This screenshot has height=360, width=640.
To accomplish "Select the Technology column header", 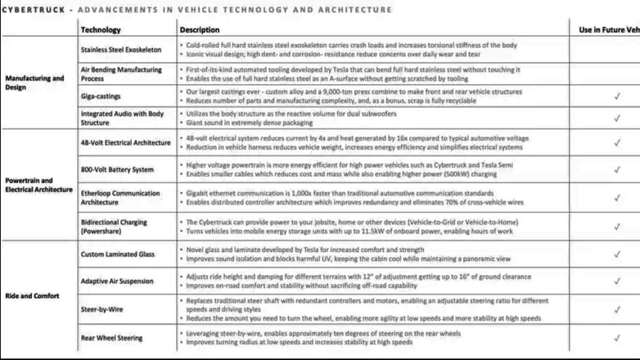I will point(101,29).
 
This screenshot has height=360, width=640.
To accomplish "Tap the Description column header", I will point(200,29).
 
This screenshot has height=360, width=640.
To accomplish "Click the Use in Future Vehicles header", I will point(609,29).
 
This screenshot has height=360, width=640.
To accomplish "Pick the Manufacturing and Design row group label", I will point(34,83).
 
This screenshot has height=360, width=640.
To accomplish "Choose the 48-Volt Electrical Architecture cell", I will point(124,142).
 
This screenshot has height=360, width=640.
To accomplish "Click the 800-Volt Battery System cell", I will point(117,169).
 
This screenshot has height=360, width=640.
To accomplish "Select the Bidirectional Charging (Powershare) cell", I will point(115,226).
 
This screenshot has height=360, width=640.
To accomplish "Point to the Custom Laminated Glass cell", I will point(115,254).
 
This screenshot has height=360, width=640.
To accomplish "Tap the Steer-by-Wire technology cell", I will point(102,309).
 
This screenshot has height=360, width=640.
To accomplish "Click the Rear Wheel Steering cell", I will point(111,337).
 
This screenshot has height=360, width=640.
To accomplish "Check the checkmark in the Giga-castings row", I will point(616,96).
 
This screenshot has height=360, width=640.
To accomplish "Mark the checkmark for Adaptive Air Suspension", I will point(616,281).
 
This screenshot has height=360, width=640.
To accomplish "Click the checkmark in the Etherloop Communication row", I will point(616,197).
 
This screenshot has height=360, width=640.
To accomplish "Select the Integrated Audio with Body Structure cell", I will point(122,118).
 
